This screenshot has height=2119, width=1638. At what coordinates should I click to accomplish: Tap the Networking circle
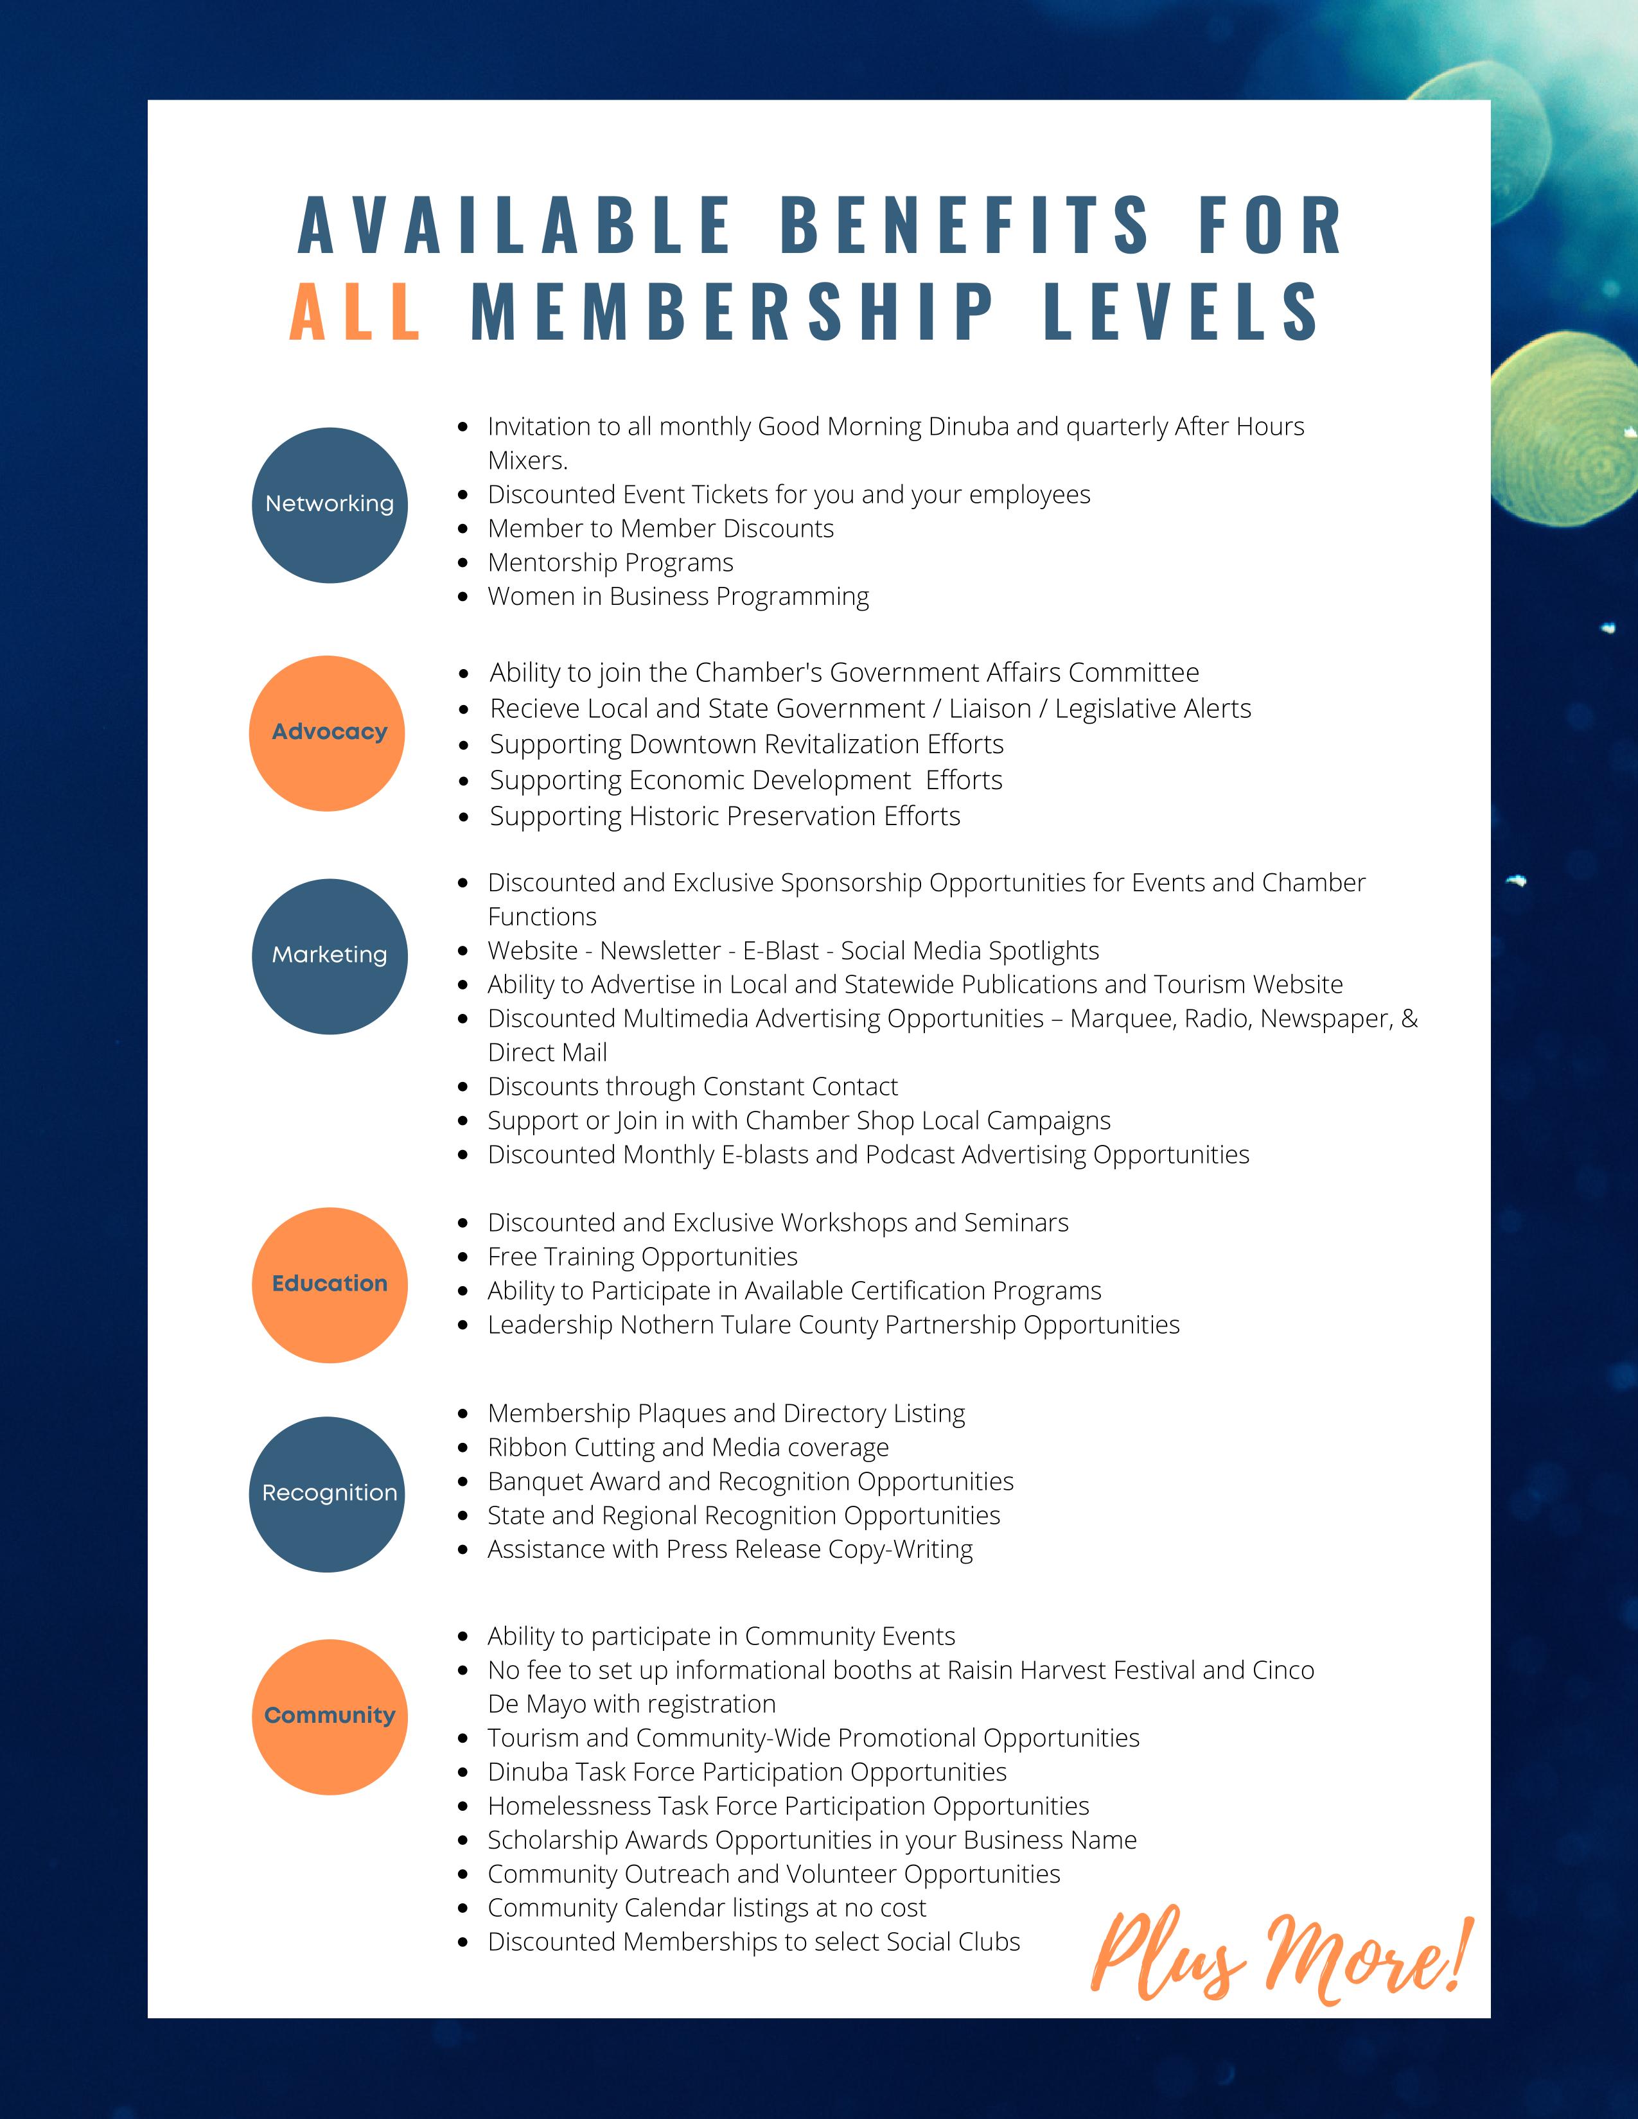pyautogui.click(x=330, y=505)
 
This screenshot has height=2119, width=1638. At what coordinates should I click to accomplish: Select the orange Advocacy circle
pyautogui.click(x=327, y=733)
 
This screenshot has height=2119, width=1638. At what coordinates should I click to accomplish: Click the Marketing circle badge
pyautogui.click(x=330, y=955)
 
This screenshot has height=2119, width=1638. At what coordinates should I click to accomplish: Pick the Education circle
pyautogui.click(x=330, y=1285)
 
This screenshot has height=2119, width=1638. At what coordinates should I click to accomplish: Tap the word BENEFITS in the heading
pyautogui.click(x=965, y=225)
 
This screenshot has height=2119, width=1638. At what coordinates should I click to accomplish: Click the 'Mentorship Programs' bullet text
pyautogui.click(x=610, y=562)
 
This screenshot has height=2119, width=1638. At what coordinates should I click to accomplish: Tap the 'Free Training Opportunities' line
pyautogui.click(x=642, y=1257)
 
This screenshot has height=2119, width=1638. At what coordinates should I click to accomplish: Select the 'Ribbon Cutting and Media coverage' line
pyautogui.click(x=688, y=1447)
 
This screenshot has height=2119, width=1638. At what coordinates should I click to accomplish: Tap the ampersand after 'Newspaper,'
pyautogui.click(x=1409, y=1019)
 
